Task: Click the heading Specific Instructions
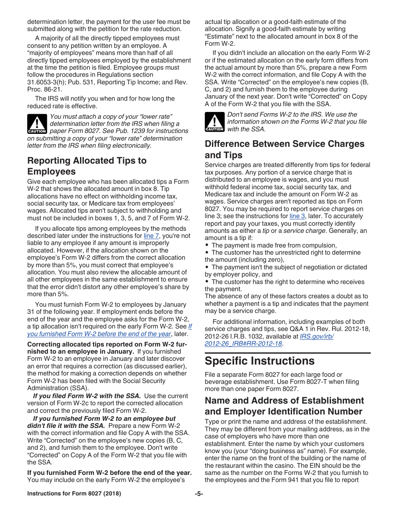click(259, 361)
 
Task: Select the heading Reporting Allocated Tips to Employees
click(87, 166)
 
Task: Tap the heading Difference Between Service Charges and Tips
click(284, 149)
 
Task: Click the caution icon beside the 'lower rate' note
click(37, 124)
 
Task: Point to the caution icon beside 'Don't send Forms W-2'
click(215, 122)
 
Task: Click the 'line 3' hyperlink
click(297, 216)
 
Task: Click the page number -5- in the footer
click(199, 494)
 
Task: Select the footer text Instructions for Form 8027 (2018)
click(74, 494)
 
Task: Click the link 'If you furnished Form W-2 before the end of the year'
click(99, 334)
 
